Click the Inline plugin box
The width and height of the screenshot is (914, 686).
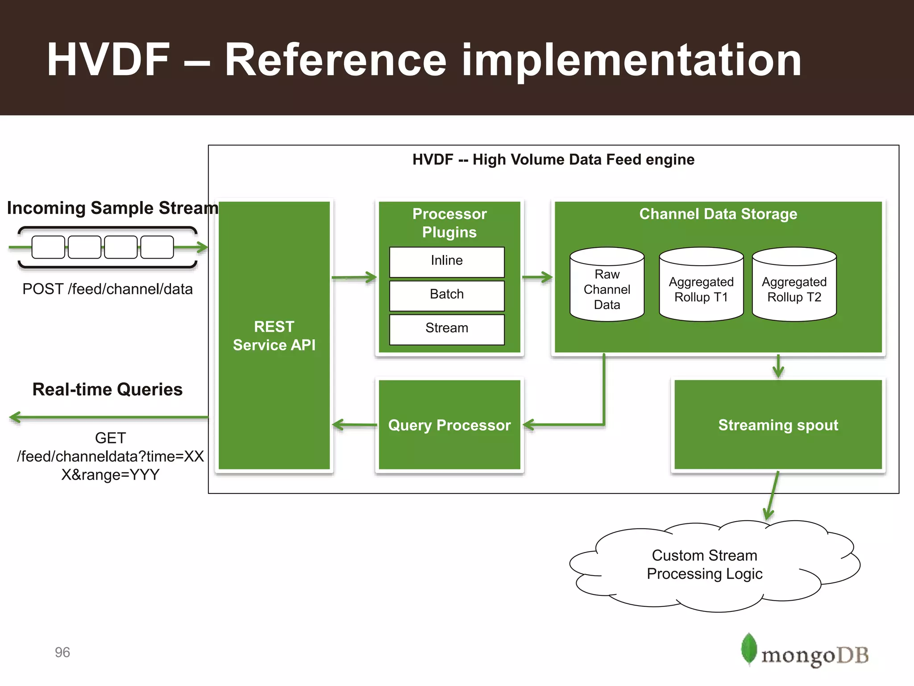(x=447, y=262)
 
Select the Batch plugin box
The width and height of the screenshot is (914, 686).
(x=447, y=295)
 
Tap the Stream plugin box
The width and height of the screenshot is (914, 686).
(x=447, y=329)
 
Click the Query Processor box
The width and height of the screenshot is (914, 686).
(x=449, y=425)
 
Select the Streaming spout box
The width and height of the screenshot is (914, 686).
(x=778, y=425)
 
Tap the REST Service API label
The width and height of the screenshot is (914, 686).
(x=274, y=335)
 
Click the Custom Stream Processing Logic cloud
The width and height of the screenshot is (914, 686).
(x=705, y=565)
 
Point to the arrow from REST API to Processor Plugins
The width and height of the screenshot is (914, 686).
(x=354, y=277)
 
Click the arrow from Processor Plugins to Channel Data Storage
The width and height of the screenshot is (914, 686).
(x=537, y=277)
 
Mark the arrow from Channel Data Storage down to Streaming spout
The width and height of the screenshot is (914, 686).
(x=778, y=366)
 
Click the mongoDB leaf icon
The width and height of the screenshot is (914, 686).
(x=749, y=649)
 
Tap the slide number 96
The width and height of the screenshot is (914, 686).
(x=62, y=652)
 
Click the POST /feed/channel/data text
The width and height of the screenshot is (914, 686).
(x=108, y=289)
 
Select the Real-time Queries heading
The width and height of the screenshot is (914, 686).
(x=108, y=389)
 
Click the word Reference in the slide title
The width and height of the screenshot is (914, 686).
(x=335, y=60)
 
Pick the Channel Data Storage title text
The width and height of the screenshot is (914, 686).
(x=718, y=214)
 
